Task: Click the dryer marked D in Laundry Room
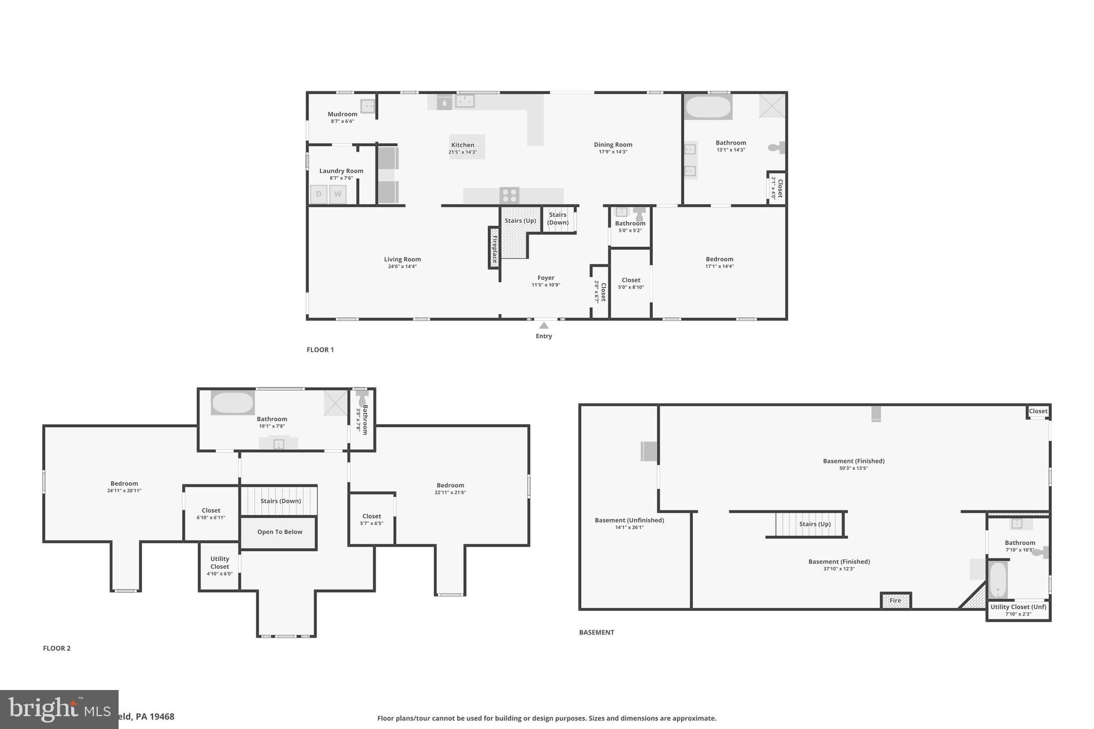tap(319, 194)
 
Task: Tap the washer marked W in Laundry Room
tap(338, 194)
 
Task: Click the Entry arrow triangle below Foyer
tap(544, 325)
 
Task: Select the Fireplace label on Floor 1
tap(495, 250)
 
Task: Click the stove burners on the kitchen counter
tap(509, 195)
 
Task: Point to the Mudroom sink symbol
tap(368, 106)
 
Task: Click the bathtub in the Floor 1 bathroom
tap(708, 107)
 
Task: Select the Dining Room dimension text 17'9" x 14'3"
tap(613, 152)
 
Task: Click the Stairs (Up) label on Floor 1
tap(520, 221)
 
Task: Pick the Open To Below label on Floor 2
tap(279, 532)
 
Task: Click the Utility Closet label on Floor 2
tap(220, 562)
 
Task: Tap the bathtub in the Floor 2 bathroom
tap(232, 403)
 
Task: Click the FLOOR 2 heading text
tap(57, 648)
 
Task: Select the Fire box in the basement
tap(895, 601)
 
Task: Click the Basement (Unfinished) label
tap(629, 520)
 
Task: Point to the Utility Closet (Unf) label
tap(1018, 607)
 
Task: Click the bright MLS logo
tap(59, 709)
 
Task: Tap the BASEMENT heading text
tap(597, 632)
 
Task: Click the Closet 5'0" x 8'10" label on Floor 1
tap(631, 280)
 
